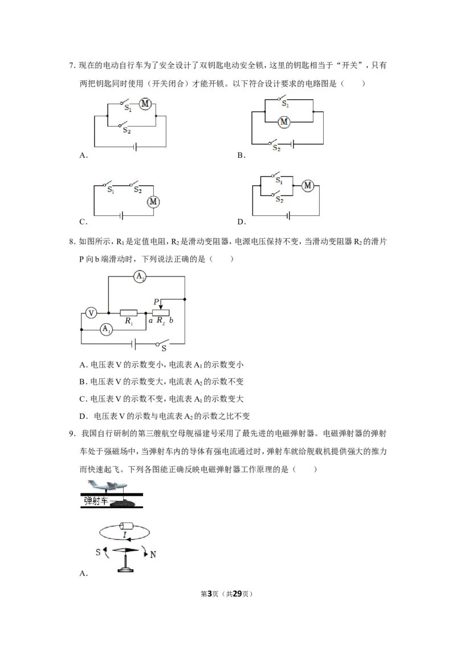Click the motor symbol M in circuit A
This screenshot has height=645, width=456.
point(145,104)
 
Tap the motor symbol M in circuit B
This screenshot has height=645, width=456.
point(284,122)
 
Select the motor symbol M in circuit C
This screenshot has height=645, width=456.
point(153,202)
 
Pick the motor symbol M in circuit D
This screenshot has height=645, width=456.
point(308,186)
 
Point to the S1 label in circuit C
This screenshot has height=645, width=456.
point(111,190)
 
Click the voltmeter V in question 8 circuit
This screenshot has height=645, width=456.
point(91,313)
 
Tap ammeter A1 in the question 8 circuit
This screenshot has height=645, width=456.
point(106,329)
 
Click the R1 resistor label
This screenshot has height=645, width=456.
point(129,321)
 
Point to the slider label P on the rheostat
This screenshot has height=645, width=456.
point(156,302)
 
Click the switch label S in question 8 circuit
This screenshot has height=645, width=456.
point(164,349)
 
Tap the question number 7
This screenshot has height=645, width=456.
point(72,66)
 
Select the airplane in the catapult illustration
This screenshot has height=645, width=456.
point(105,485)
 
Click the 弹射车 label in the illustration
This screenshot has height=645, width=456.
point(96,501)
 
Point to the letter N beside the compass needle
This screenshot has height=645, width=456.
point(153,554)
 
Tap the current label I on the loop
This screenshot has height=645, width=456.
point(125,535)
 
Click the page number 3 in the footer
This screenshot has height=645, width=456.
point(209,594)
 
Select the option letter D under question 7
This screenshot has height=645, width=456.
point(242,222)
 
